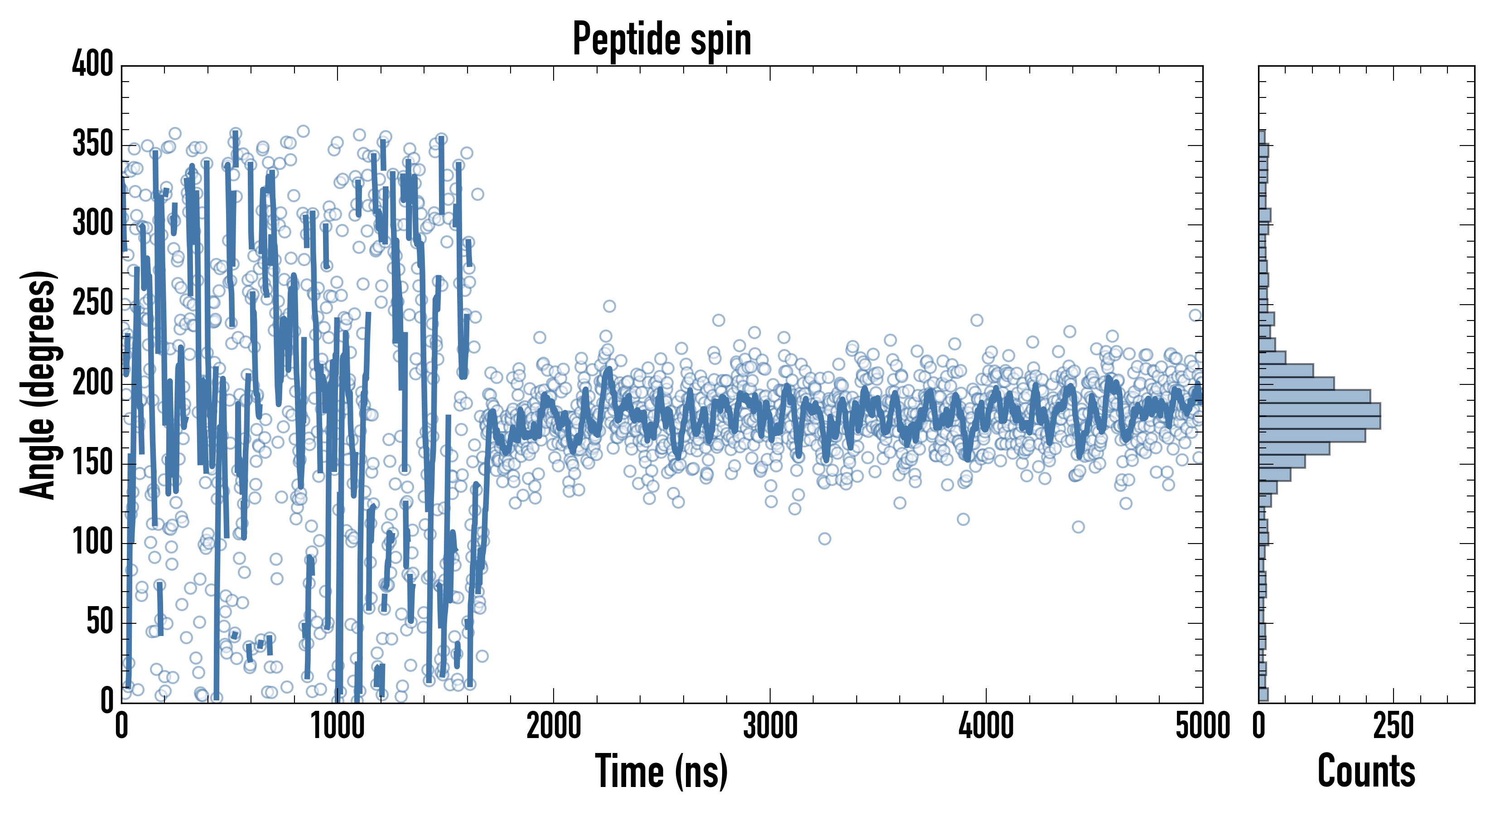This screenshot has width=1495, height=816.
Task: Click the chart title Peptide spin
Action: (661, 39)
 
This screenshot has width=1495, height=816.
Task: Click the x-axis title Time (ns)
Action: (661, 771)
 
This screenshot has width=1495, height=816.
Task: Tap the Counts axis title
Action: (1366, 771)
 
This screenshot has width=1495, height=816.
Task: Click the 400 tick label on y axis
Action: (93, 64)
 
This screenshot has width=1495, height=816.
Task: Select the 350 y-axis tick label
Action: (93, 144)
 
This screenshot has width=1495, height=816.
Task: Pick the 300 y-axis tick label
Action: (93, 223)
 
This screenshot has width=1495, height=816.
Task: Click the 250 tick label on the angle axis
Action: (93, 304)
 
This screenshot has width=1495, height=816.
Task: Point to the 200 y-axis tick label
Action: (93, 384)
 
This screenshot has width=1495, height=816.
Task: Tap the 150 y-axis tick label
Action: (93, 463)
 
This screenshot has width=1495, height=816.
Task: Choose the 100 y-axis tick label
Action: (93, 543)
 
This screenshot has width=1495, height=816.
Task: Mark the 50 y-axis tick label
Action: (100, 622)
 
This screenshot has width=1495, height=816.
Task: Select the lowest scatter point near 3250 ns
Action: (824, 539)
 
